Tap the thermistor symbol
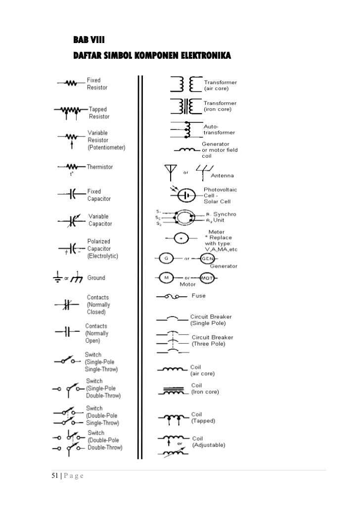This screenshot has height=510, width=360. tap(71, 167)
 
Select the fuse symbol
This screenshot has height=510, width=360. tap(173, 297)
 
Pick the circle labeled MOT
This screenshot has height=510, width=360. tap(206, 278)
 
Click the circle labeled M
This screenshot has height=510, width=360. tap(167, 278)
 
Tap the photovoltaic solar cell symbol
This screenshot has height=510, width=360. tap(187, 195)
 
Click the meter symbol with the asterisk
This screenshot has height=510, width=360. tap(181, 238)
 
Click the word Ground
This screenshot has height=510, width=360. tap(96, 278)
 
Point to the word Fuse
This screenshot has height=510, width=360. tap(199, 296)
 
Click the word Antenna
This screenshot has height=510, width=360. tap(223, 176)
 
